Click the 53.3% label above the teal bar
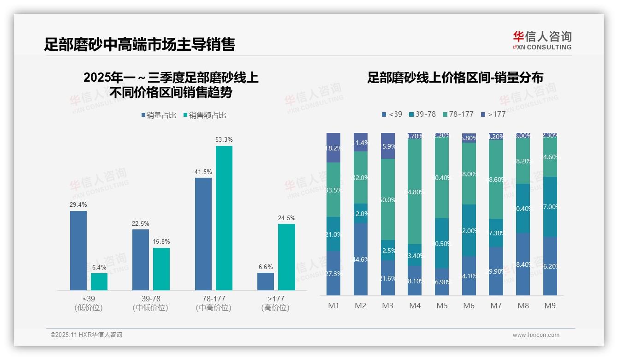[224, 139]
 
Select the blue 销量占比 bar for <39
[78, 251]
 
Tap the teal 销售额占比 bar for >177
[286, 257]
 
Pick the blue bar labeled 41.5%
[203, 234]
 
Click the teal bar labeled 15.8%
[161, 269]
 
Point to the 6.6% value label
[266, 267]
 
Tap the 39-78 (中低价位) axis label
[150, 303]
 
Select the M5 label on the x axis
[442, 306]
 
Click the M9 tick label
[550, 306]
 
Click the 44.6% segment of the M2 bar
[361, 259]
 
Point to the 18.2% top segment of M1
[333, 148]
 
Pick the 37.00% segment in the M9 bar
[550, 207]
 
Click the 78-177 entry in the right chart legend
[458, 114]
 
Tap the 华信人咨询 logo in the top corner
[542, 40]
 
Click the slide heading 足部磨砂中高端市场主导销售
[140, 44]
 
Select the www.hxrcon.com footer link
[536, 335]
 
